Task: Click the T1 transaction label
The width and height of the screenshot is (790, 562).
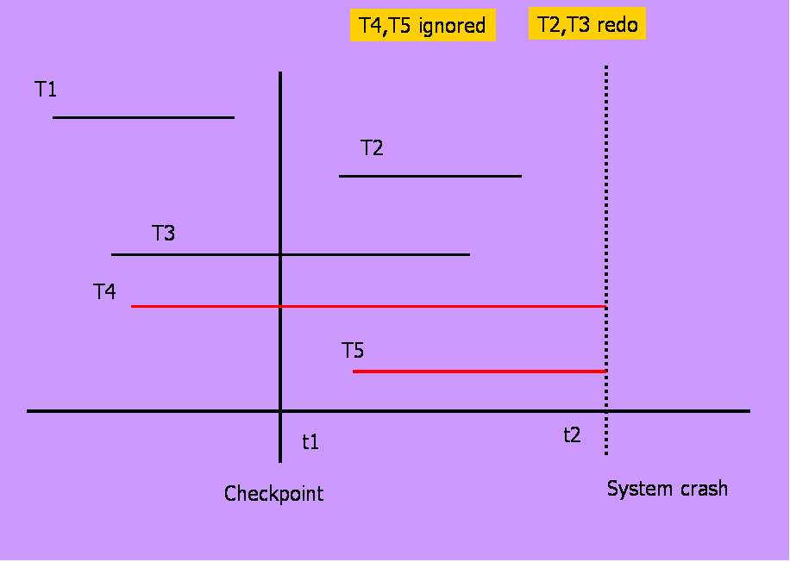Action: pos(46,89)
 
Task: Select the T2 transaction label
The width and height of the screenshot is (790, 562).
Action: pos(372,147)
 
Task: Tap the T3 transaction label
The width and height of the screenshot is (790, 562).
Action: pos(164,233)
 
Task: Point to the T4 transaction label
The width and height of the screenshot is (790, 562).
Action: pos(104,292)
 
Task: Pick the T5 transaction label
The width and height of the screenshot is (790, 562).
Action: pos(353,350)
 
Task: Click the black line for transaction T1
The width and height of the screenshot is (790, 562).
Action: pos(143,116)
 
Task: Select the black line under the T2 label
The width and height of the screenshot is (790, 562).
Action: pos(429,176)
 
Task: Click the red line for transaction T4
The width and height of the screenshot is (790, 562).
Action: pos(431,306)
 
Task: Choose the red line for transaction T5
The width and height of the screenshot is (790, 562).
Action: pos(480,372)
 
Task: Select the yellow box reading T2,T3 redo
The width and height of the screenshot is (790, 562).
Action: pos(587,24)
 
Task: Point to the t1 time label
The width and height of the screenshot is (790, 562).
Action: pos(310,442)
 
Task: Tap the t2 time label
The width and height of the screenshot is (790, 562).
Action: pos(572,434)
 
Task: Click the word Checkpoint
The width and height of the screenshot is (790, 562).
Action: pos(273,494)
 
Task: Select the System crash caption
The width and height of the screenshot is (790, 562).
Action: pos(667,489)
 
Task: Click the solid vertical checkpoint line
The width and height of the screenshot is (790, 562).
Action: pos(280,172)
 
